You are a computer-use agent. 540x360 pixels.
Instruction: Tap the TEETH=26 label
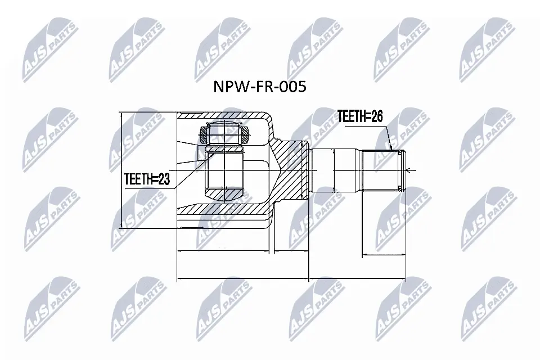coord(359,116)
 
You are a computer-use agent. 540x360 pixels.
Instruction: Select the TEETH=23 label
coord(147,179)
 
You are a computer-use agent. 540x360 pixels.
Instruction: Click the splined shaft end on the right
coord(382,170)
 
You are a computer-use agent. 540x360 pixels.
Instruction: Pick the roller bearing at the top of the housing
coord(224,134)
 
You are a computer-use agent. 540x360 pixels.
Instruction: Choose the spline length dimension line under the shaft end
coord(382,255)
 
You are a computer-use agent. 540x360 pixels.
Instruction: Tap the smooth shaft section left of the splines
coord(335,170)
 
